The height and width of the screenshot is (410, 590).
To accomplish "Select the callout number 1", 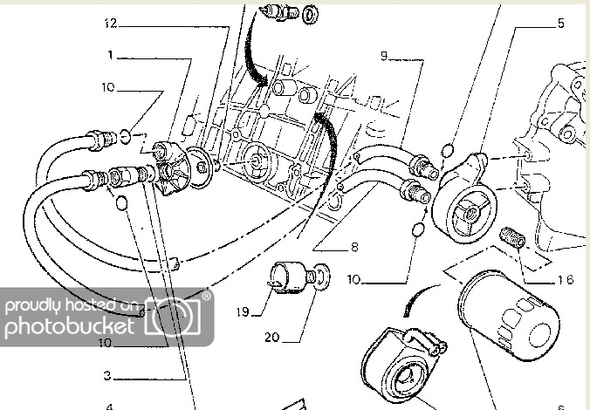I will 111,55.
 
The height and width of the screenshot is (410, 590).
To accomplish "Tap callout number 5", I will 560,24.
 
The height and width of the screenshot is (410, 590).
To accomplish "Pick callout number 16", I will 565,280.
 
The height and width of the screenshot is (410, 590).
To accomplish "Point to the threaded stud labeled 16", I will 512,237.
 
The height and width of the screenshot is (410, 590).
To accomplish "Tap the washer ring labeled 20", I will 323,277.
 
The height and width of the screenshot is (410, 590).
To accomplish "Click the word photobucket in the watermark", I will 70,327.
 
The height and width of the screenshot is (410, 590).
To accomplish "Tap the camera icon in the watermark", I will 178,319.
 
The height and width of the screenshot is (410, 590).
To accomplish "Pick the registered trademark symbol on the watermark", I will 207,297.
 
